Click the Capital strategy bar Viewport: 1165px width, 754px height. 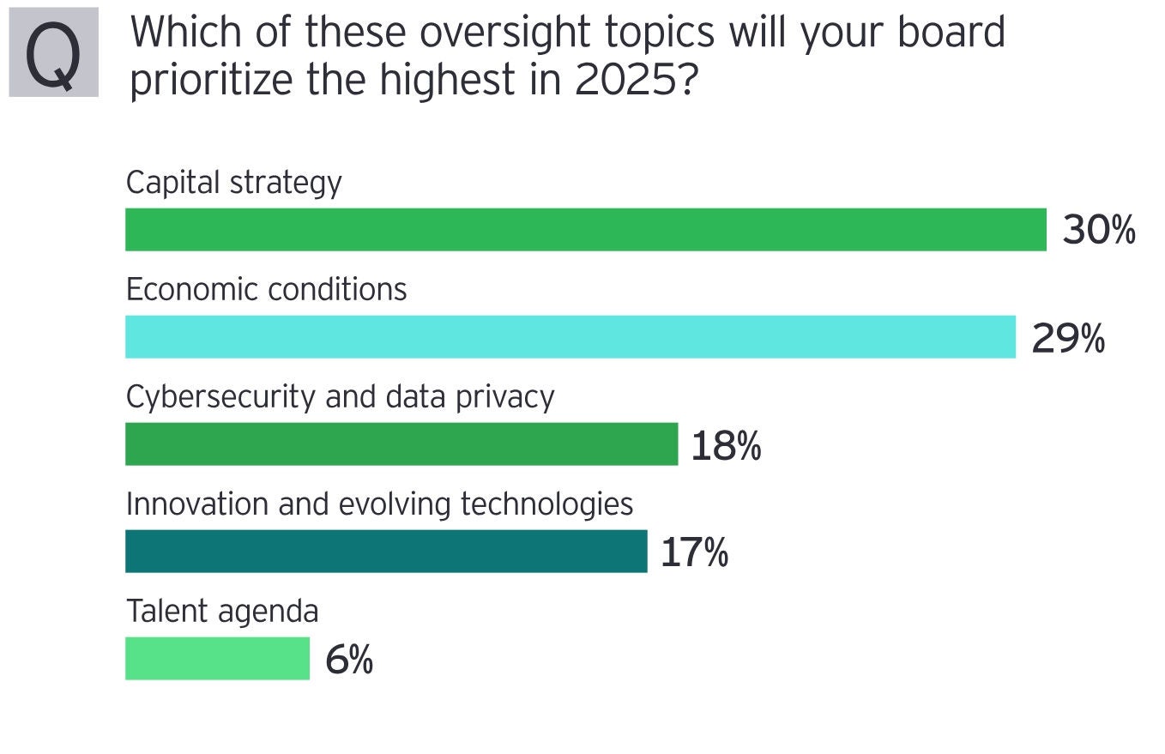click(586, 230)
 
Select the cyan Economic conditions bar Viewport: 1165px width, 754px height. click(570, 337)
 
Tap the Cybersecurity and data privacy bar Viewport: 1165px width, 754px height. click(401, 444)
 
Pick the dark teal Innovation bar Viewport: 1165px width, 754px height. click(386, 552)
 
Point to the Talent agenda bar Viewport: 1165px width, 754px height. click(217, 659)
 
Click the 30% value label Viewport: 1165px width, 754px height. click(1099, 231)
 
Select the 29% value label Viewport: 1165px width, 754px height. click(1068, 339)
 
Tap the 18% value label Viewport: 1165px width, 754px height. click(726, 446)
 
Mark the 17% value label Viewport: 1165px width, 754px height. click(694, 553)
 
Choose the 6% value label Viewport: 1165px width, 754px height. click(349, 661)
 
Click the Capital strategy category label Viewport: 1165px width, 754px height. click(233, 184)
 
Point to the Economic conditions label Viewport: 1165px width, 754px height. click(266, 290)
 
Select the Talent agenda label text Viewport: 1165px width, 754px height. click(222, 612)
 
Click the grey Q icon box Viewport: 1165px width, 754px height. click(54, 52)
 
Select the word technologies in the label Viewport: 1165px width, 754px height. click(546, 504)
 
